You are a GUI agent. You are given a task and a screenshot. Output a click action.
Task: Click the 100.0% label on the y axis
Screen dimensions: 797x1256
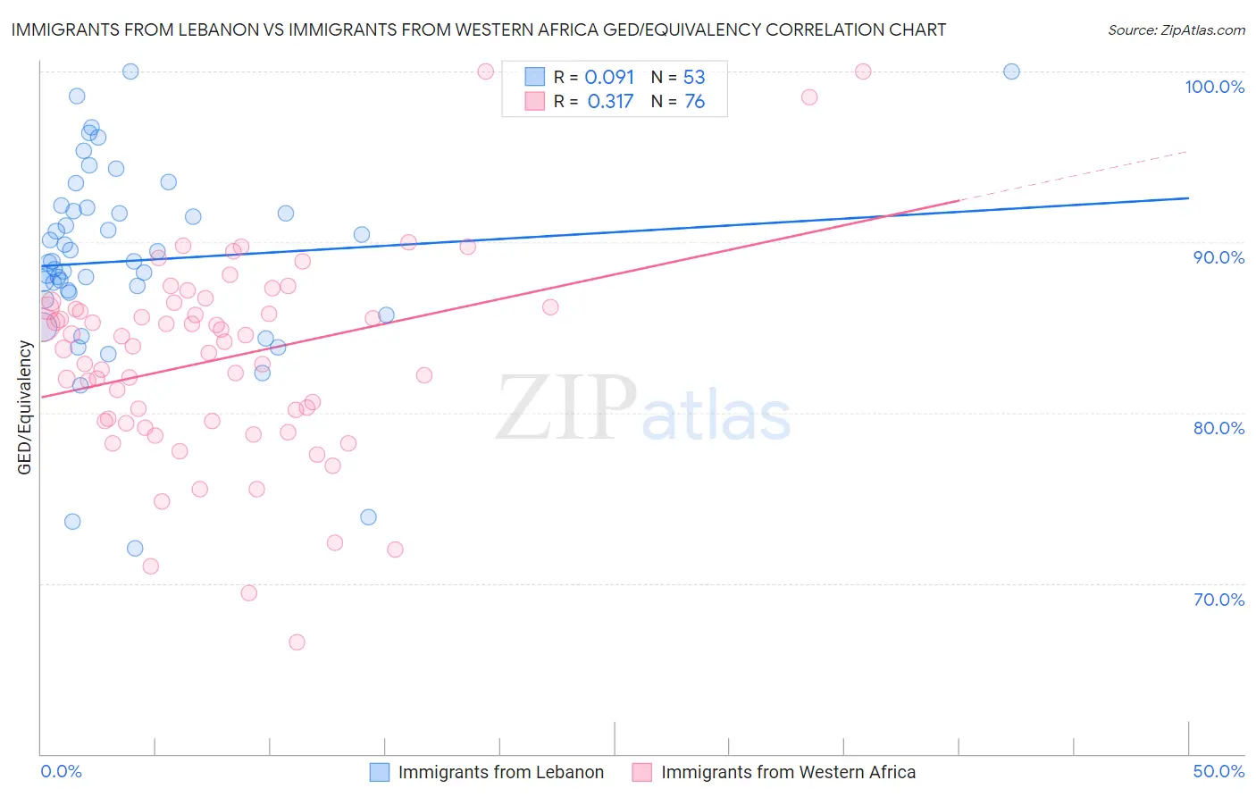pyautogui.click(x=1214, y=87)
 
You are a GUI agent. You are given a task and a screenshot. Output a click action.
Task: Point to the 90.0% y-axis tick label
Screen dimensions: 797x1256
pyautogui.click(x=1218, y=257)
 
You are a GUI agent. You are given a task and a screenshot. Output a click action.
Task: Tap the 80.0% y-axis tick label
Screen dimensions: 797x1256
pyautogui.click(x=1218, y=428)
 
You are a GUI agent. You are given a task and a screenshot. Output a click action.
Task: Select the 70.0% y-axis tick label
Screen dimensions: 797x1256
pyautogui.click(x=1218, y=600)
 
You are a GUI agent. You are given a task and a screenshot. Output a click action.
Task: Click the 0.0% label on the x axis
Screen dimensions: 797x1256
pyautogui.click(x=61, y=771)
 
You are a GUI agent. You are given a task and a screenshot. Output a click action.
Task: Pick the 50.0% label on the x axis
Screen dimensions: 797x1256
pyautogui.click(x=1218, y=771)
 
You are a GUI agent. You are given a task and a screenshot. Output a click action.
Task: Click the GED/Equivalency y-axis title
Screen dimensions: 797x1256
pyautogui.click(x=25, y=407)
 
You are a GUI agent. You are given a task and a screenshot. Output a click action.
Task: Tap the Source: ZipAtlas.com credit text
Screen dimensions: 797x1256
pyautogui.click(x=1176, y=29)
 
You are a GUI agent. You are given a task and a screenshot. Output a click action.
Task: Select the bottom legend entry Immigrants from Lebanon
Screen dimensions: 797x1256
pyautogui.click(x=500, y=772)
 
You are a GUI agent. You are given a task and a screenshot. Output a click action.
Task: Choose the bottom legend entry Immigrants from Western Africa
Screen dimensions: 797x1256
pyautogui.click(x=788, y=772)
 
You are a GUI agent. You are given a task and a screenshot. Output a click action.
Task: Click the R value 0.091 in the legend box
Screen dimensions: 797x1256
pyautogui.click(x=609, y=78)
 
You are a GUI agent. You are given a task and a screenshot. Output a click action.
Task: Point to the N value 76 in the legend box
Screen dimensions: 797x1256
pyautogui.click(x=694, y=102)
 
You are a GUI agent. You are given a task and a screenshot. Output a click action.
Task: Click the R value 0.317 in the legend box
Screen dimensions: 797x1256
pyautogui.click(x=610, y=102)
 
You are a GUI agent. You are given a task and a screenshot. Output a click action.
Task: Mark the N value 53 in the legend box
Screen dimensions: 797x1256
pyautogui.click(x=694, y=78)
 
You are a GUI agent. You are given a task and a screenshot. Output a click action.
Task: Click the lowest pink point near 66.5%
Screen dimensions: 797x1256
pyautogui.click(x=297, y=642)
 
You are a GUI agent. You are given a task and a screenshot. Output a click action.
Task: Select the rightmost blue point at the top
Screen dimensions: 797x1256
pyautogui.click(x=1011, y=71)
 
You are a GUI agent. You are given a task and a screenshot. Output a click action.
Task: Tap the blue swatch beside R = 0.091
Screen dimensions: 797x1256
pyautogui.click(x=534, y=77)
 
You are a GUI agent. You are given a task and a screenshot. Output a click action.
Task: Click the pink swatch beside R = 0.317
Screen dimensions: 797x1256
pyautogui.click(x=534, y=101)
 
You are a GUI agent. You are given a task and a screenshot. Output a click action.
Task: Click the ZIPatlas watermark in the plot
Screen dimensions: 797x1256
pyautogui.click(x=643, y=409)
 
